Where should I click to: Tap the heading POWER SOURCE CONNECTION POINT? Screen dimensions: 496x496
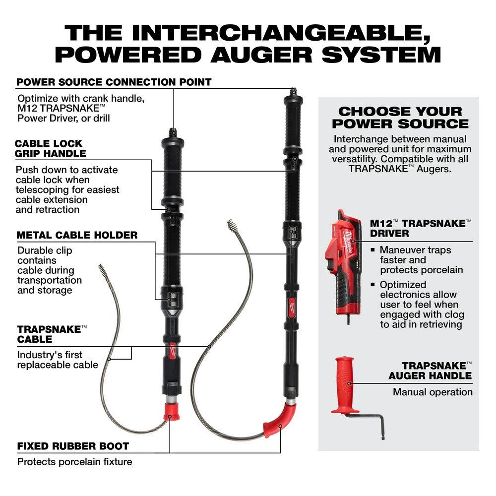(114, 82)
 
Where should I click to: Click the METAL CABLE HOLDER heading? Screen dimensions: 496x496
(77, 235)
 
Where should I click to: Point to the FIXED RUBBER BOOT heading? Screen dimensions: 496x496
(73, 446)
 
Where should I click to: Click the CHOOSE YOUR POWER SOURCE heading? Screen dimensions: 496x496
(400, 118)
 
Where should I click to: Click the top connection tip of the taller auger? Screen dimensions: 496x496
(293, 92)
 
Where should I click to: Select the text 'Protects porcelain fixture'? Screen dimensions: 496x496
(74, 462)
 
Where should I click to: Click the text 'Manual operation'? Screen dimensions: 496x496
(433, 392)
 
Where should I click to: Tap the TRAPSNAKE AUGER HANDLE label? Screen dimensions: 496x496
(430, 371)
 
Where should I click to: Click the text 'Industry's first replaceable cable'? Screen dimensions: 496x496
(58, 360)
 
